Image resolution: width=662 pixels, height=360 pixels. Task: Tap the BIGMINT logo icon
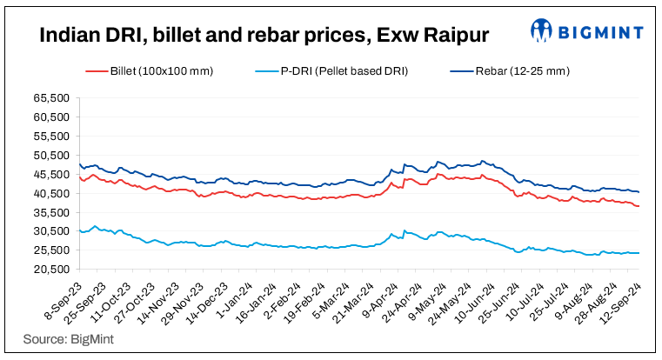coord(543,31)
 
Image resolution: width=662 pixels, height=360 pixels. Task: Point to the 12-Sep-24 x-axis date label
coord(623,298)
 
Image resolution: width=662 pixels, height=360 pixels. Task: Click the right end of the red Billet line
coord(639,206)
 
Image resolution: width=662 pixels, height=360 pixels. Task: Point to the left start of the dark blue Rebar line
coord(79,163)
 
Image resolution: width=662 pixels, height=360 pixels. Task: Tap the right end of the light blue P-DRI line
coord(639,253)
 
